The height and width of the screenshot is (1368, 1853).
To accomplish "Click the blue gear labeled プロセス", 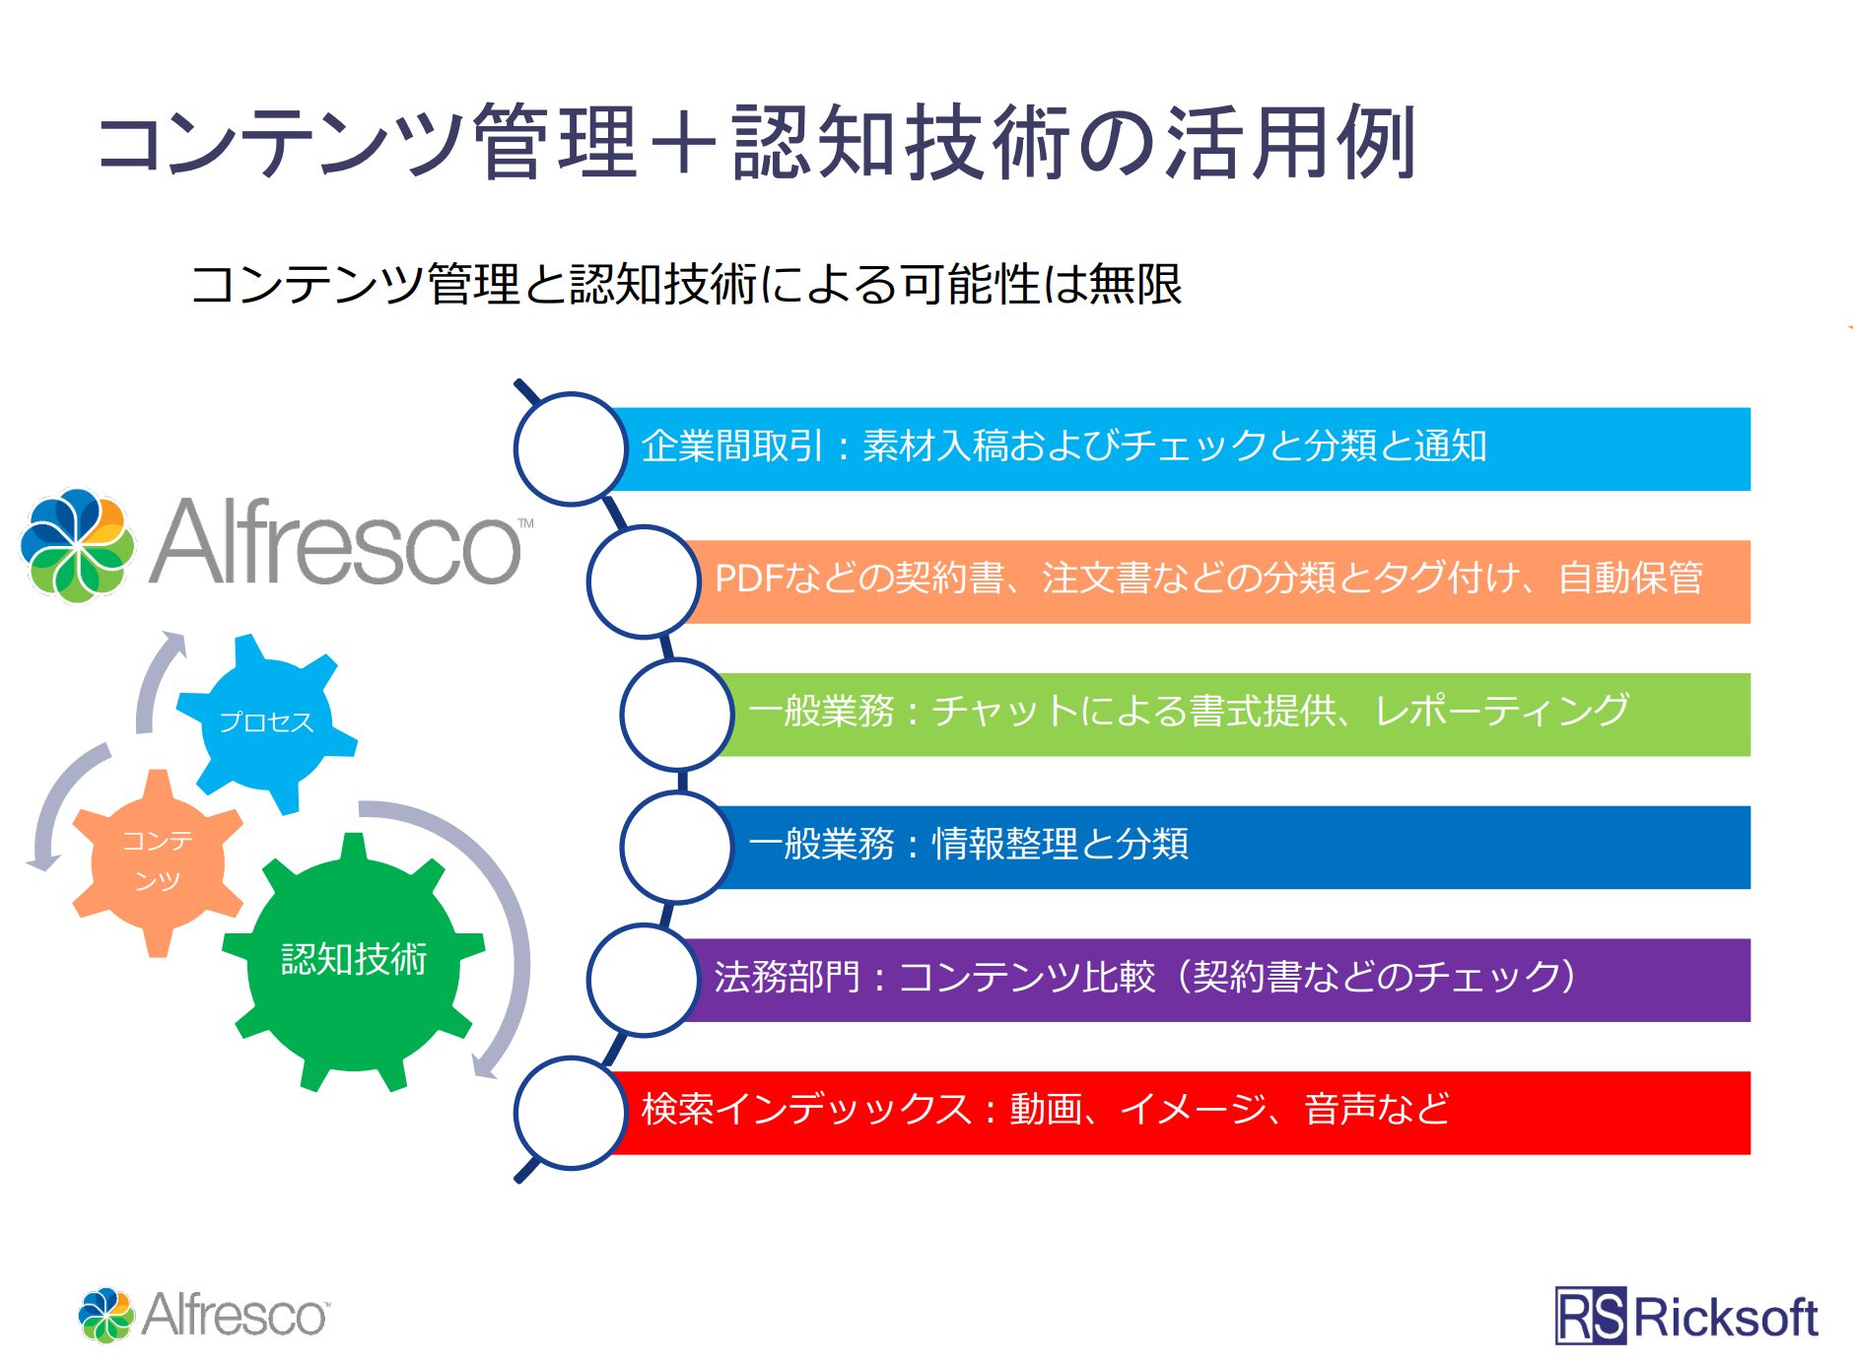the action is [x=266, y=723].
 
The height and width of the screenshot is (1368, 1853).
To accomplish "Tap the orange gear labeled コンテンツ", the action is [x=158, y=863].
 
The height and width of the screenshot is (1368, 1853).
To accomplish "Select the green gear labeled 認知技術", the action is [x=354, y=962].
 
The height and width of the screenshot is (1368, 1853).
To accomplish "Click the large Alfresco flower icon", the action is [x=77, y=545].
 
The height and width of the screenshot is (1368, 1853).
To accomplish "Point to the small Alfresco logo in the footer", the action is [x=204, y=1315].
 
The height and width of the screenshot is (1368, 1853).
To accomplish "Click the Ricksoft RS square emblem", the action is [x=1591, y=1316].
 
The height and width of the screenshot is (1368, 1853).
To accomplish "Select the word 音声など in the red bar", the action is [x=1377, y=1109].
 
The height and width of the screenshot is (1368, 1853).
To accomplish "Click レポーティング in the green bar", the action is [x=1502, y=711].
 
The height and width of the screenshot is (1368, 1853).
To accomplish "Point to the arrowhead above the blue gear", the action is [x=174, y=643].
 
